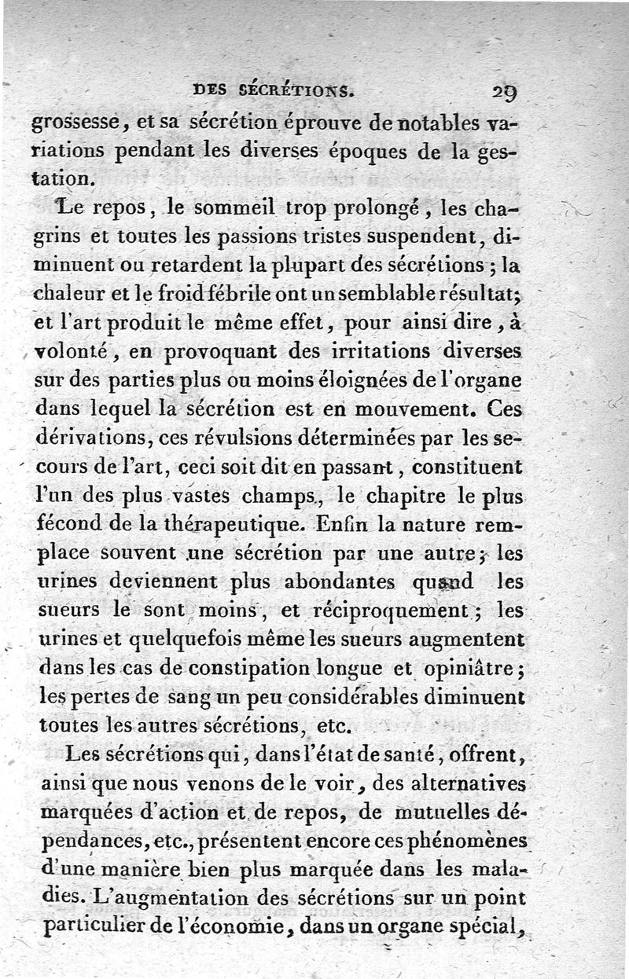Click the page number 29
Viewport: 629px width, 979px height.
(505, 91)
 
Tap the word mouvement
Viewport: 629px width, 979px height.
(414, 409)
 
